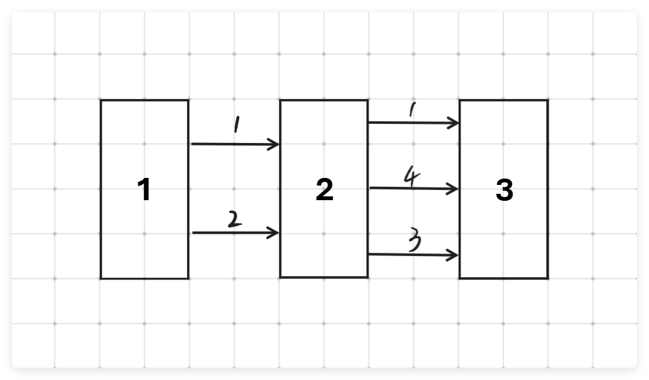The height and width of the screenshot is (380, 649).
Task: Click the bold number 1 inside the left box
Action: click(145, 190)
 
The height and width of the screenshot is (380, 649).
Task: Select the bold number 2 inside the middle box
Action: click(324, 190)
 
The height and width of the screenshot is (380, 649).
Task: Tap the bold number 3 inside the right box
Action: click(504, 190)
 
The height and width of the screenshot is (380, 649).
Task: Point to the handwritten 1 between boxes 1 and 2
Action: click(236, 125)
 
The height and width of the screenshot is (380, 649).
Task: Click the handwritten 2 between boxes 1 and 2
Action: click(234, 219)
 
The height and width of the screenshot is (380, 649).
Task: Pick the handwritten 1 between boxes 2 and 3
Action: click(412, 111)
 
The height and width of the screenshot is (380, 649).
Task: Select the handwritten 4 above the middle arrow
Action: click(412, 177)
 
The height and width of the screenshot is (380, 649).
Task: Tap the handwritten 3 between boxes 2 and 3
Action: click(415, 241)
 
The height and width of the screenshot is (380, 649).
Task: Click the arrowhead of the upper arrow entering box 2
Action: click(277, 144)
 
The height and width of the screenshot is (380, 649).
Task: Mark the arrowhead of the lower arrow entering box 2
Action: click(277, 233)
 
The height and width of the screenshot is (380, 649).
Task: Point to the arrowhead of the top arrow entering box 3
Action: click(456, 123)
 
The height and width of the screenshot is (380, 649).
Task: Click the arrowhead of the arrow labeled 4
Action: click(455, 189)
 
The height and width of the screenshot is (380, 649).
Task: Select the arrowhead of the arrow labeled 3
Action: click(455, 255)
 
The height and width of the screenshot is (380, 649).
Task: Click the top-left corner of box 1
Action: click(101, 100)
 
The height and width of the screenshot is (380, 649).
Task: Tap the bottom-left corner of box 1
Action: click(101, 278)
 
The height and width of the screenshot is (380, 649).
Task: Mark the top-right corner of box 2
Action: click(368, 100)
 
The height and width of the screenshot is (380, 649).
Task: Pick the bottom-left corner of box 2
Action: click(280, 277)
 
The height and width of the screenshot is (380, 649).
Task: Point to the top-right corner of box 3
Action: click(547, 100)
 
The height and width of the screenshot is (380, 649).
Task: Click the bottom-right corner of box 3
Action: click(547, 278)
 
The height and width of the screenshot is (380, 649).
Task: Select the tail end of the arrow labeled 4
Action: click(370, 187)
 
